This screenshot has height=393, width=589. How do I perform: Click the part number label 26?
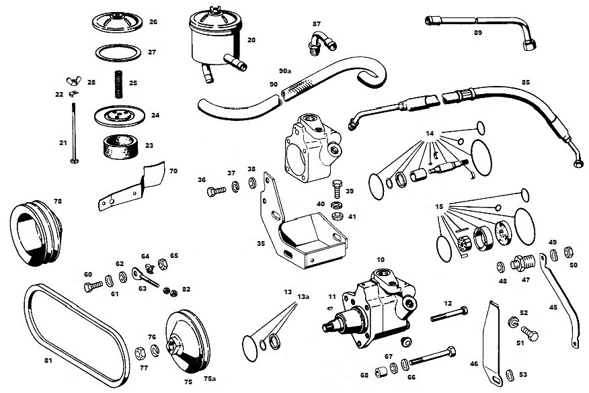click(153, 22)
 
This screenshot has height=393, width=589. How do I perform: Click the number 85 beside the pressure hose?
click(525, 83)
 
